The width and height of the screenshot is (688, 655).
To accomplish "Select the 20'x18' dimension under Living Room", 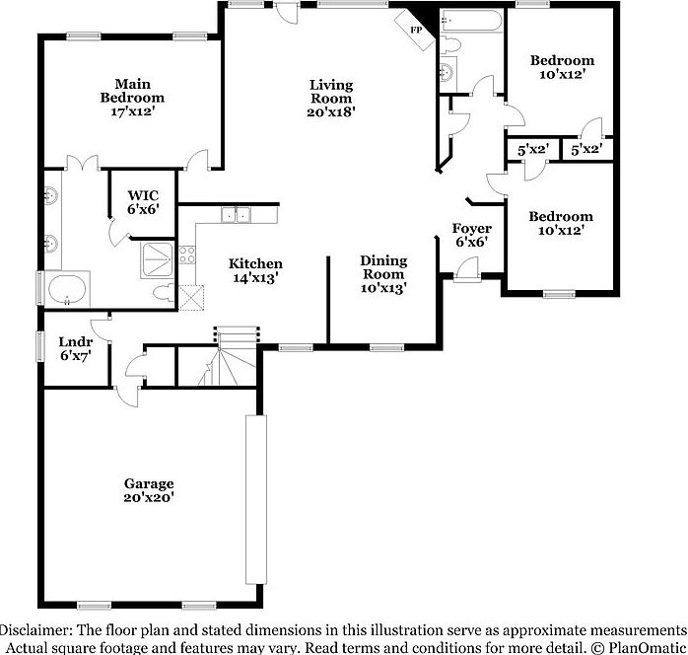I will click(330, 111).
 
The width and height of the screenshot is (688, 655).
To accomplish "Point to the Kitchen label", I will click(255, 263).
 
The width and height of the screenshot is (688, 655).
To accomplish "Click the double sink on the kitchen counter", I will click(236, 213).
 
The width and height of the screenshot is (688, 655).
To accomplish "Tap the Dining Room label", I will click(383, 267).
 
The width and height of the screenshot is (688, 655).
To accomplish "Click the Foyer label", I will click(471, 229).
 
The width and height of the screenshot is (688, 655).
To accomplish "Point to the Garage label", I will click(149, 483).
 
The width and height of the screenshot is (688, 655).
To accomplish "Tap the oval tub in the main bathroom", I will click(66, 292).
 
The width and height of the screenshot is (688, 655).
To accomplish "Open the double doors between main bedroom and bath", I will click(80, 164).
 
